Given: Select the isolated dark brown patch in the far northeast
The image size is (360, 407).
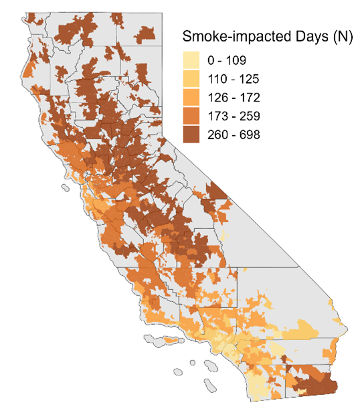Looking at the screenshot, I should coord(147,32).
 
